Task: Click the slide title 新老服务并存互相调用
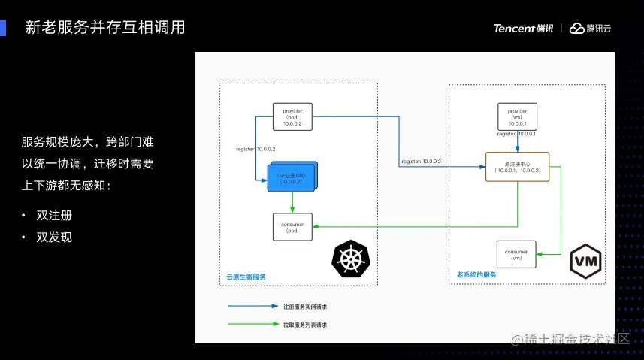(104, 28)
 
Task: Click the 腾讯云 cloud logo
(590, 29)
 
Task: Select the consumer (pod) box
(292, 226)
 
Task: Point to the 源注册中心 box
(517, 166)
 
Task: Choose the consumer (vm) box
(516, 254)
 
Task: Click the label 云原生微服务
(247, 277)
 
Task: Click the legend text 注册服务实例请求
(305, 307)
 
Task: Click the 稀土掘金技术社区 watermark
(576, 339)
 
